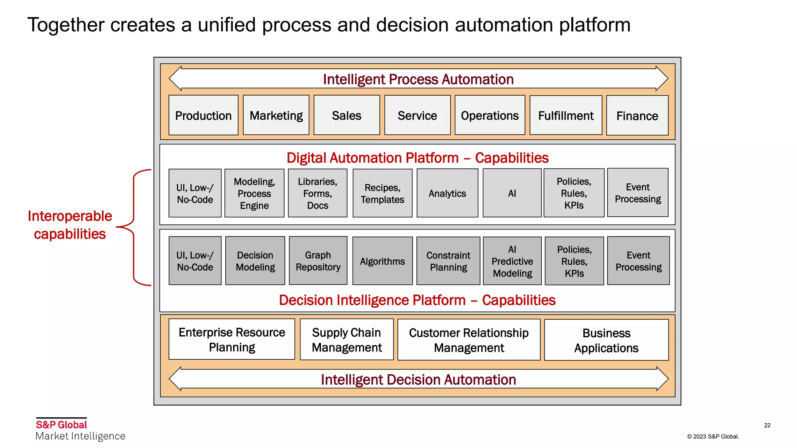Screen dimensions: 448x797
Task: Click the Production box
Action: tap(203, 115)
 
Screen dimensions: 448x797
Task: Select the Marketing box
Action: tap(276, 115)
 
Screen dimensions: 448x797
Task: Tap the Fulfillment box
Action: tap(566, 115)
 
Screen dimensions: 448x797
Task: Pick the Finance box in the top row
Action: tap(637, 116)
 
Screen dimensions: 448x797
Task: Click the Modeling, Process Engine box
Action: tap(254, 193)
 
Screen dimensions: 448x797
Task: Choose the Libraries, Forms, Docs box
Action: tap(318, 193)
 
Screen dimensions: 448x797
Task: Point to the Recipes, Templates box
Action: tap(382, 193)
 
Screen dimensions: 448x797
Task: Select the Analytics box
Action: tap(447, 193)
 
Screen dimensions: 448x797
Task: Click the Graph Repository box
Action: tap(318, 261)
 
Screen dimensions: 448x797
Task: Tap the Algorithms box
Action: tap(382, 261)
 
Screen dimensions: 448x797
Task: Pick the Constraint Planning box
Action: tap(448, 261)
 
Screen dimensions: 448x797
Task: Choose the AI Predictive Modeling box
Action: tap(512, 261)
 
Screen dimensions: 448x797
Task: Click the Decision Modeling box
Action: tap(255, 261)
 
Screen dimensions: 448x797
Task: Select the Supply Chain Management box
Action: tap(346, 340)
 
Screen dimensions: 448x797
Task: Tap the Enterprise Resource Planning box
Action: tap(232, 339)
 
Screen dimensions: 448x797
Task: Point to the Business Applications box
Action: tap(606, 340)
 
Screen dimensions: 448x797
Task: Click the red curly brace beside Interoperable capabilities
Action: tap(134, 227)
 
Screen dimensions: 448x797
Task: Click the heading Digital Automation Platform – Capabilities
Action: tap(417, 158)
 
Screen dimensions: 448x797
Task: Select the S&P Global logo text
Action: tap(61, 425)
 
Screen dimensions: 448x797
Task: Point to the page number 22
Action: tap(767, 425)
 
